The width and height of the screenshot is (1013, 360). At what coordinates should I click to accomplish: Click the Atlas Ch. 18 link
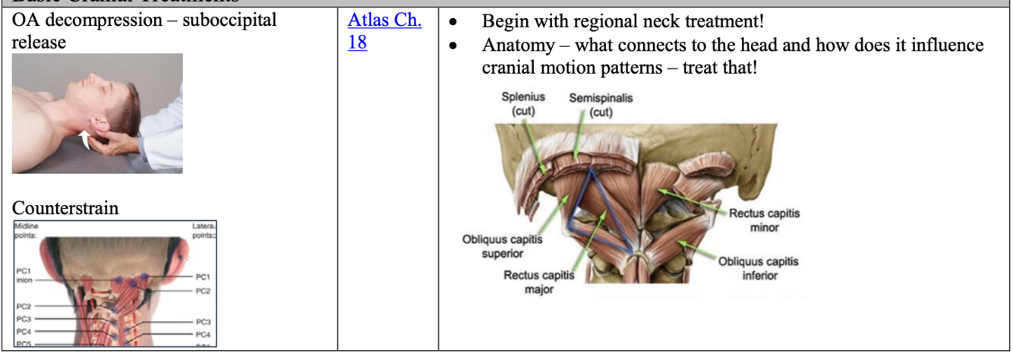[384, 31]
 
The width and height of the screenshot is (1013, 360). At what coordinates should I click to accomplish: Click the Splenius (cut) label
[522, 105]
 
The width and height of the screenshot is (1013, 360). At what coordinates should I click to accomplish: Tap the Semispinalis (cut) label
[600, 105]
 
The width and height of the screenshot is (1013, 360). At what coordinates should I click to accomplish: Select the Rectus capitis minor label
[764, 220]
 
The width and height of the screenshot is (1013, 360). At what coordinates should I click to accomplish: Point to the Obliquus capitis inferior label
[759, 268]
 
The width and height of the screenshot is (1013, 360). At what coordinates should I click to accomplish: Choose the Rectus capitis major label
[538, 281]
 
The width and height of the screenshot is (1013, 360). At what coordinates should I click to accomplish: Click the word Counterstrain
[65, 207]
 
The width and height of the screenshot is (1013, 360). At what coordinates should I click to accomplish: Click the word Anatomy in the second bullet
[519, 46]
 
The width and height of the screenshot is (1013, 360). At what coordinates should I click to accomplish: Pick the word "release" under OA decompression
[39, 43]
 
